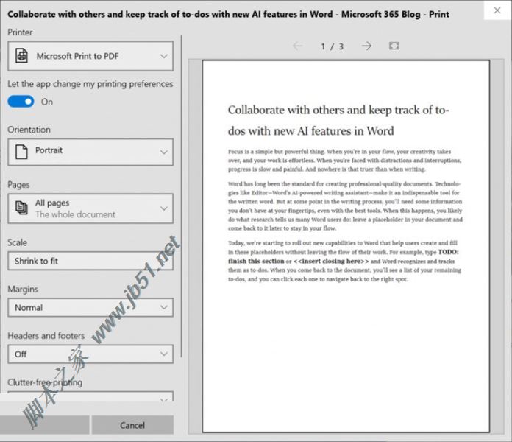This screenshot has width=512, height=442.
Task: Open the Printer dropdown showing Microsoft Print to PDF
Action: [x=90, y=56]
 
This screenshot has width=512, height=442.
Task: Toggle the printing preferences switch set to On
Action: [x=21, y=102]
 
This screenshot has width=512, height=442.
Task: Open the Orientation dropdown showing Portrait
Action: [x=90, y=151]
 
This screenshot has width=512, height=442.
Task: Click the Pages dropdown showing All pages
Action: [x=90, y=208]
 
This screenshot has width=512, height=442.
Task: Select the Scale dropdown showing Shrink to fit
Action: [x=90, y=261]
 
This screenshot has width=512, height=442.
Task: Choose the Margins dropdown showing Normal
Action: [x=90, y=307]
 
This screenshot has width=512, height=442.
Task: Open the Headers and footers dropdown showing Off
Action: [x=90, y=354]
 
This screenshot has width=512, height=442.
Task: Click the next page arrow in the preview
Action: [x=366, y=46]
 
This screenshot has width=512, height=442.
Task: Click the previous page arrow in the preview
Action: [x=297, y=46]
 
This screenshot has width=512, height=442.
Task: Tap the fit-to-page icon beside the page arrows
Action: [x=394, y=46]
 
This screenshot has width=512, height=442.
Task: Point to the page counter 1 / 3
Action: [x=333, y=46]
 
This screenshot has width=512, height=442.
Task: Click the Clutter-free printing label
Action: [x=45, y=382]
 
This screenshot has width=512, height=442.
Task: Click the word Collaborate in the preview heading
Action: [x=256, y=110]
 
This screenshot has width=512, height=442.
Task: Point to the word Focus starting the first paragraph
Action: [x=237, y=152]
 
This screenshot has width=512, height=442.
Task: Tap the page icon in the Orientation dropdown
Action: [x=21, y=151]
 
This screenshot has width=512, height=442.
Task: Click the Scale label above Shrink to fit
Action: [x=18, y=242]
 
